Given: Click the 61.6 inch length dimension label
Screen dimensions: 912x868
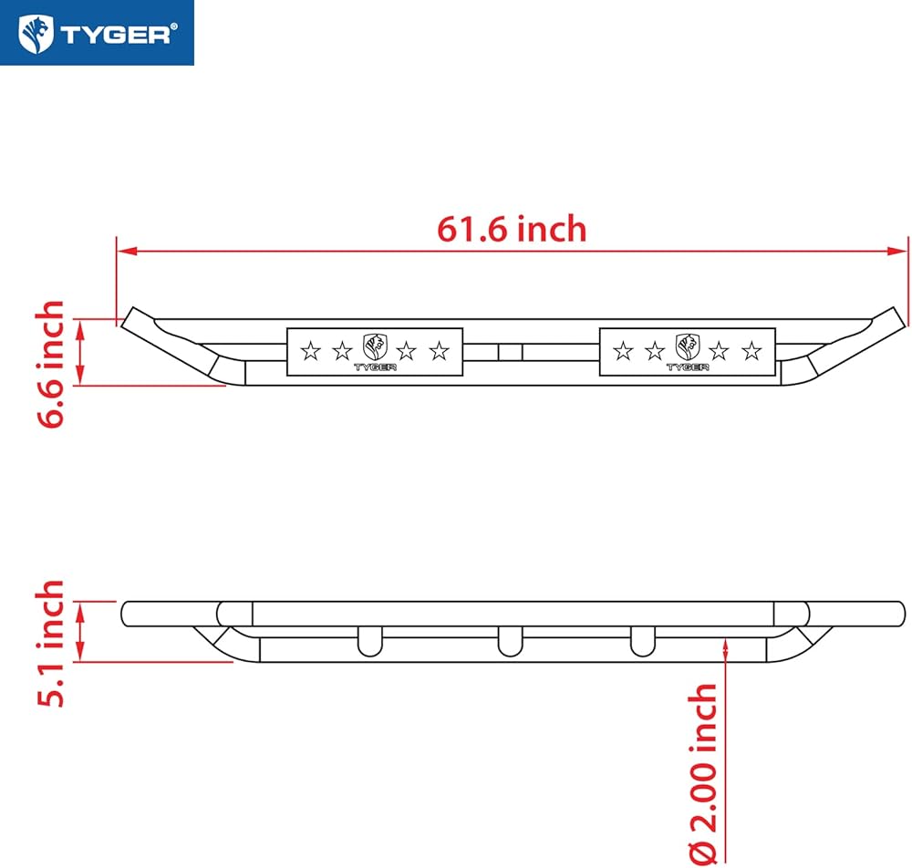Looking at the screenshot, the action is click(512, 229).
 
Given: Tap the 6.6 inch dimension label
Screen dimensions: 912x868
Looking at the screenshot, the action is click(50, 365).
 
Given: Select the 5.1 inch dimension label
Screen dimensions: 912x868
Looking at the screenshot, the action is click(50, 644).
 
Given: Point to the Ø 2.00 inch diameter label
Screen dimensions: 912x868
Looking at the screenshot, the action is click(702, 774).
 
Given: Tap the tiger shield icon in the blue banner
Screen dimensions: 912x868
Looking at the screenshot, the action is click(36, 34).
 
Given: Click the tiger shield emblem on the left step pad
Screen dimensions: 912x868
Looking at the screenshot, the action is click(375, 346).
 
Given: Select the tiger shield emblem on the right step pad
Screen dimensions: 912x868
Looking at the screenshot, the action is click(688, 346).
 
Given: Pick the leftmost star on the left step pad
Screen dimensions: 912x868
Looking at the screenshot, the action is click(310, 351).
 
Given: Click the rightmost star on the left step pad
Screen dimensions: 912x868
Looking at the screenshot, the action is click(440, 351).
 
